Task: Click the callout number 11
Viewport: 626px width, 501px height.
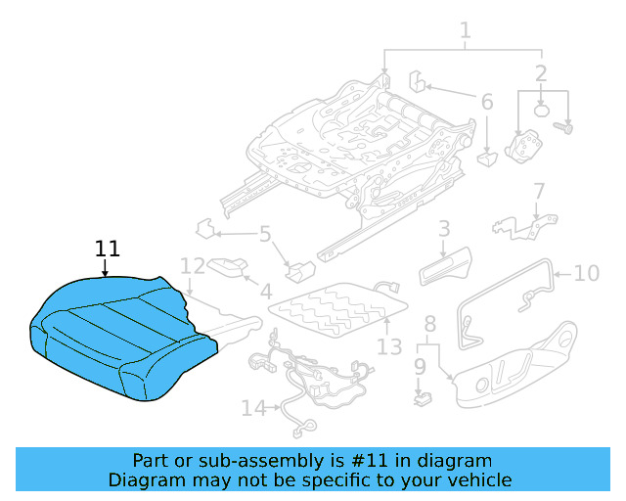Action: (107, 249)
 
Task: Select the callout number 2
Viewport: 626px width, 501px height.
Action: (541, 72)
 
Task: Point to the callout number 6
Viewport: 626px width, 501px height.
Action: (486, 101)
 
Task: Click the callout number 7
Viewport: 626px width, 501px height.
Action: (538, 190)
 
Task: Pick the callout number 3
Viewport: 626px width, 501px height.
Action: (443, 229)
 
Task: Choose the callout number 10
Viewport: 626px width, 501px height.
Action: (586, 272)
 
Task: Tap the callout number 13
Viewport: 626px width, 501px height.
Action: (389, 347)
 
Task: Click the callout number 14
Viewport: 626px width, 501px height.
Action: (253, 407)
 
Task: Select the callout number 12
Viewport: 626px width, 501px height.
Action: (193, 265)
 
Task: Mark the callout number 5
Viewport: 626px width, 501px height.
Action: (264, 234)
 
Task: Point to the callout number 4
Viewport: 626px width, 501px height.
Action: (265, 291)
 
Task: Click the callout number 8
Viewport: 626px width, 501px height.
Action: (429, 324)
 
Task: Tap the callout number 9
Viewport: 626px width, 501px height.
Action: (420, 366)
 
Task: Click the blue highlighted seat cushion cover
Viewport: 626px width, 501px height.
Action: (117, 333)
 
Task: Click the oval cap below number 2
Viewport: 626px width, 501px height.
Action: (546, 110)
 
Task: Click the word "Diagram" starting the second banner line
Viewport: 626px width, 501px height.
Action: (142, 479)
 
